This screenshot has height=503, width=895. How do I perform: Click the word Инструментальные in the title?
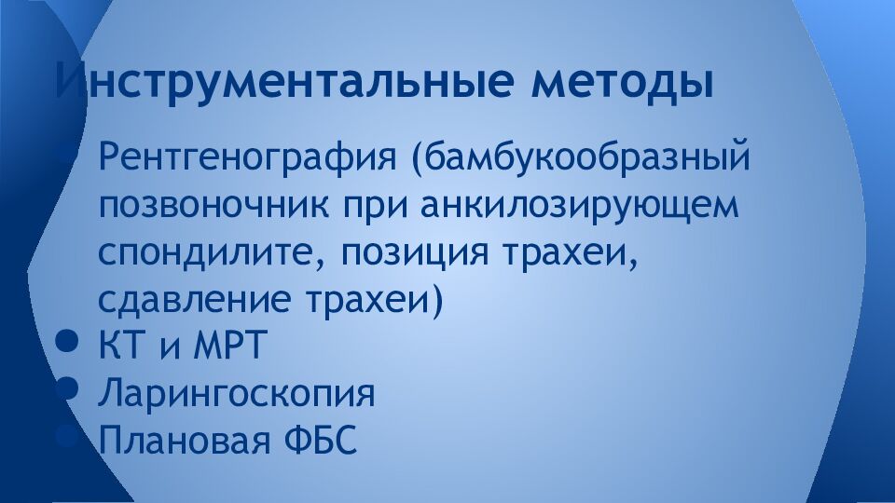285,82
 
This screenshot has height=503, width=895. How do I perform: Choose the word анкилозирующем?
579,204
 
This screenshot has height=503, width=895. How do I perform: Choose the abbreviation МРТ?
229,347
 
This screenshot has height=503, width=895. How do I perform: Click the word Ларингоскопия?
237,394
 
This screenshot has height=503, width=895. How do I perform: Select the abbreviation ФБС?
318,441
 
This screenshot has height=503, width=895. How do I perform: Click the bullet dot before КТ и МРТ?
66,343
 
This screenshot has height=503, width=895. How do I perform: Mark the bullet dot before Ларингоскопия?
66,389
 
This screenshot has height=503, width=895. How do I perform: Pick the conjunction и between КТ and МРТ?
168,349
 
